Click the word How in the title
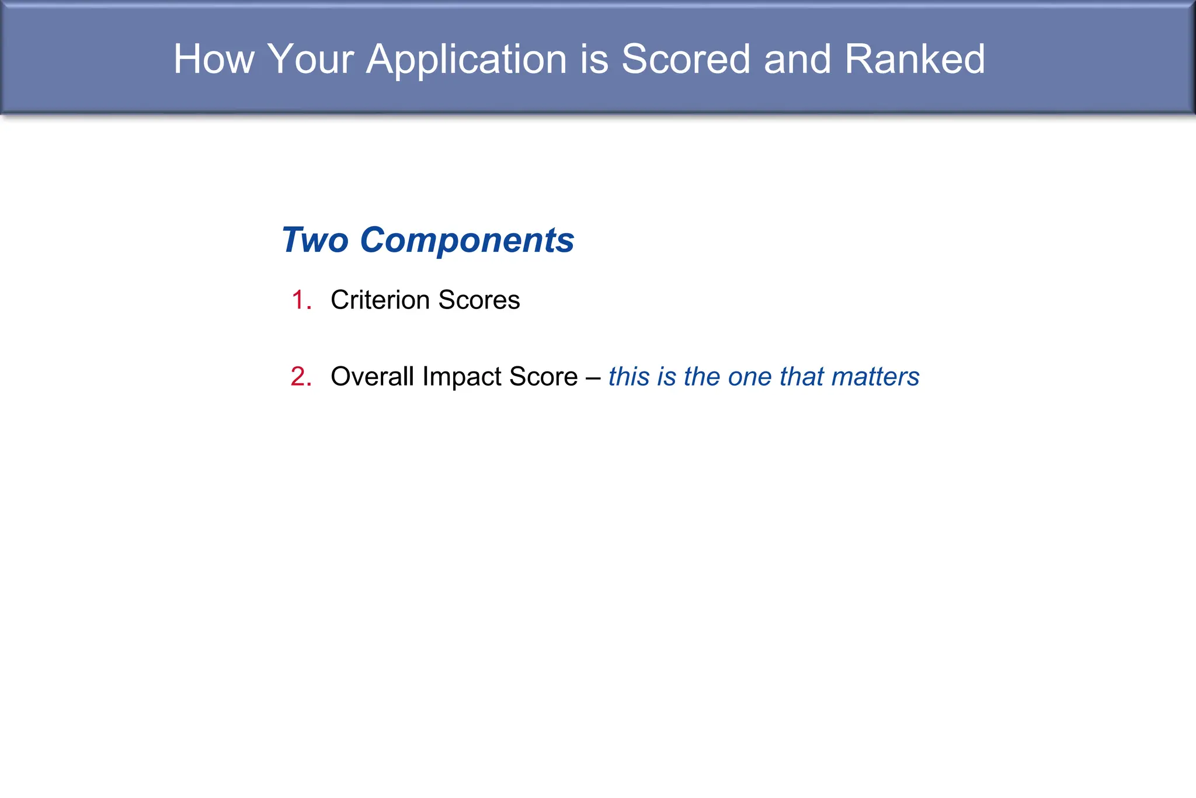(x=214, y=59)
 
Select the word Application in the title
(x=467, y=60)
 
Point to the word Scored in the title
(x=686, y=59)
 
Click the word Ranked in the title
(x=915, y=59)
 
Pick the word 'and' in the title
(x=797, y=59)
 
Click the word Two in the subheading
(x=315, y=240)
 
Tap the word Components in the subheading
(x=467, y=241)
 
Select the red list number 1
(x=300, y=300)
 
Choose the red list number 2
(x=300, y=377)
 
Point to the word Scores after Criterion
(x=479, y=300)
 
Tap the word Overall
(x=373, y=377)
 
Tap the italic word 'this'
(x=629, y=377)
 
